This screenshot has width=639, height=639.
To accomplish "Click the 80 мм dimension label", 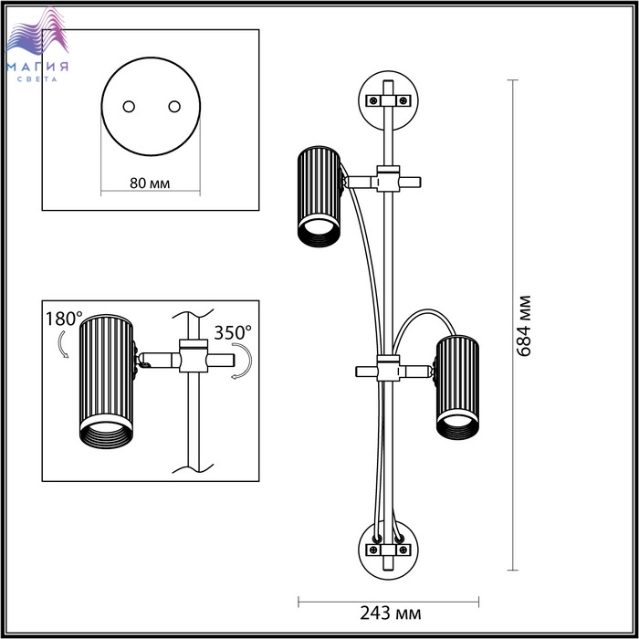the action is (150, 183).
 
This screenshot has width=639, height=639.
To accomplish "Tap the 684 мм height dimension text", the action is (525, 326).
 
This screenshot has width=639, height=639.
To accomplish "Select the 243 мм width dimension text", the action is (391, 613).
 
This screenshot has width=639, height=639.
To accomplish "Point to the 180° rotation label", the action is (64, 319).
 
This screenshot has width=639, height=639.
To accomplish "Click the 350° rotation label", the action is (233, 332).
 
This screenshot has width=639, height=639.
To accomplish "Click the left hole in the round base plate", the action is (129, 107).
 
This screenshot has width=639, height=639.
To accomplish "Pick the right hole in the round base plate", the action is (174, 107).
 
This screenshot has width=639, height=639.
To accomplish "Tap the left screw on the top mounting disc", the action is (372, 100).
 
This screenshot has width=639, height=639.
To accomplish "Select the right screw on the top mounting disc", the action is (403, 100).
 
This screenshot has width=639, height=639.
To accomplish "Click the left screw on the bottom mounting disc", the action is (372, 550).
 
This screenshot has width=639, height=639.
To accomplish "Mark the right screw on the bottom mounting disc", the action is (403, 550).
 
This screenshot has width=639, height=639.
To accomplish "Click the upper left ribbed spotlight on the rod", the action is (319, 196).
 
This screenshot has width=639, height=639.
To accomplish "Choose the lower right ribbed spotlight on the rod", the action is (457, 388).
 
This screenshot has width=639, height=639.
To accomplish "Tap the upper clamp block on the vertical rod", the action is (388, 179).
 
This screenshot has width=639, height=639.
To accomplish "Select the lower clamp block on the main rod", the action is (388, 369).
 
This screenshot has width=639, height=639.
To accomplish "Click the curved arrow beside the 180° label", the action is (63, 344).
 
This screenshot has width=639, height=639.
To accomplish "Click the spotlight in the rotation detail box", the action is (107, 382).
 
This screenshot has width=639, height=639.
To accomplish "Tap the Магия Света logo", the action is (37, 45).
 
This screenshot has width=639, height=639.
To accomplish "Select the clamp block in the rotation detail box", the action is (194, 356).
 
